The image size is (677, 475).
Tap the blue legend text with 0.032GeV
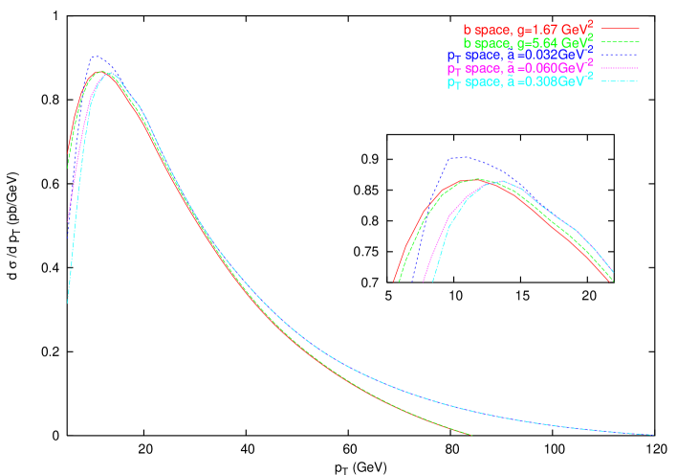coord(521,57)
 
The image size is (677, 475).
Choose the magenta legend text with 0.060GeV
coord(521,70)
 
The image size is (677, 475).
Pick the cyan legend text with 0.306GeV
coord(521,83)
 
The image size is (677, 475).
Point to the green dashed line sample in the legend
coord(621,43)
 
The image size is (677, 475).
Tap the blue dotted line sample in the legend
coord(621,57)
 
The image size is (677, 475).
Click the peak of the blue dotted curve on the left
coord(94,57)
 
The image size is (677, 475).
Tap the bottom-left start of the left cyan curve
coord(67,304)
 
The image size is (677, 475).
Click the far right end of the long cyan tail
coord(653,435)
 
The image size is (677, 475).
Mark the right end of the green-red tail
coord(471,435)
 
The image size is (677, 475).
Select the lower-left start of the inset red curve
coord(394,282)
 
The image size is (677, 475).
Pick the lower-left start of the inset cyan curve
coord(433,283)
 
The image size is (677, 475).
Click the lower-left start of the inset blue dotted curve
coord(412,283)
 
